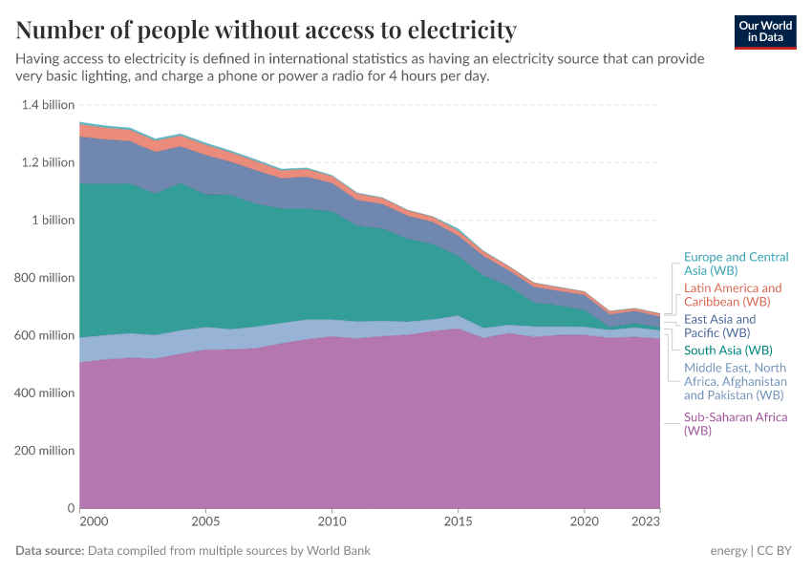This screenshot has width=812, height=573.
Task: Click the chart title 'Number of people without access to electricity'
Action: [x=266, y=31]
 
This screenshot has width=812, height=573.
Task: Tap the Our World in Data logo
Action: [x=764, y=32]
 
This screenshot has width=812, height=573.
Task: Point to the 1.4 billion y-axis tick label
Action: [x=48, y=105]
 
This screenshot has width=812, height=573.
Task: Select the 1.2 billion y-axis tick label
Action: [x=48, y=162]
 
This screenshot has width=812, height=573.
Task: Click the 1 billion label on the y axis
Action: [x=53, y=221]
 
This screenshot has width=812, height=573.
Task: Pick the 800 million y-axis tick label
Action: [x=45, y=278]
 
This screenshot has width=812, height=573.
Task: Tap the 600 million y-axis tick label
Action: [x=45, y=335]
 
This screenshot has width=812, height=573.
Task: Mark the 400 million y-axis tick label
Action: [x=45, y=393]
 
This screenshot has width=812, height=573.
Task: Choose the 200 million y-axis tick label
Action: [x=45, y=451]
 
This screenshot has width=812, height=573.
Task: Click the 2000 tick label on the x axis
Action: [x=93, y=522]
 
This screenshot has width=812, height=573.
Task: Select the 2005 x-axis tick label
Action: [x=205, y=522]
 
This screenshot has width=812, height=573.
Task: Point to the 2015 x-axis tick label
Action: [x=458, y=522]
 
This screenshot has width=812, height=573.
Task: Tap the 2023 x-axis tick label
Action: [x=646, y=522]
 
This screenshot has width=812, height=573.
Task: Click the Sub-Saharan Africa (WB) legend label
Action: [x=735, y=424]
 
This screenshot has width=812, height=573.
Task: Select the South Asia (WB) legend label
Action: [x=729, y=350]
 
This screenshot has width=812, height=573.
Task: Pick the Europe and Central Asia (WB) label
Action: [x=736, y=265]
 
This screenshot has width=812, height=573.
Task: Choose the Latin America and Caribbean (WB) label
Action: [x=733, y=294]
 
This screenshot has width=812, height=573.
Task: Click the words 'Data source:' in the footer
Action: [x=50, y=551]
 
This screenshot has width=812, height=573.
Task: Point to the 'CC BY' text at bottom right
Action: [x=777, y=551]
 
